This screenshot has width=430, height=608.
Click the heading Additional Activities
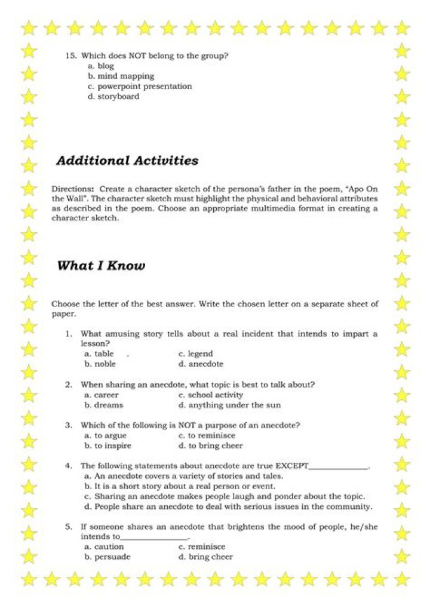[x=127, y=161]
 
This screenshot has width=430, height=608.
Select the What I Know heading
[x=100, y=266]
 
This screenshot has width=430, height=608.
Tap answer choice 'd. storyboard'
[x=113, y=97]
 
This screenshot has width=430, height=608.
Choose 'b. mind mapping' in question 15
[x=121, y=76]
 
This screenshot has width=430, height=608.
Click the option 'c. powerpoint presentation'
[x=140, y=87]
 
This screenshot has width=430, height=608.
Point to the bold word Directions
[x=72, y=188]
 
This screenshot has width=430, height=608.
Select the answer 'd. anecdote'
[x=201, y=364]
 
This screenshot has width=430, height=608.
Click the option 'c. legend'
[x=196, y=354]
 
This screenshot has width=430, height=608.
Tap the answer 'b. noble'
[x=100, y=364]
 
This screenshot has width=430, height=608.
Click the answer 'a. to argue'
[x=106, y=436]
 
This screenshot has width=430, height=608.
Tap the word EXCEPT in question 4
[x=292, y=466]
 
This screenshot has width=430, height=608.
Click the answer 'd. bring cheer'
[x=206, y=557]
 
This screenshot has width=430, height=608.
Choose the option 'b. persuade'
[x=107, y=557]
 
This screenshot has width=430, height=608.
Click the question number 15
[x=71, y=56]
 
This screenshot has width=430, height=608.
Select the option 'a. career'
[x=102, y=395]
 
